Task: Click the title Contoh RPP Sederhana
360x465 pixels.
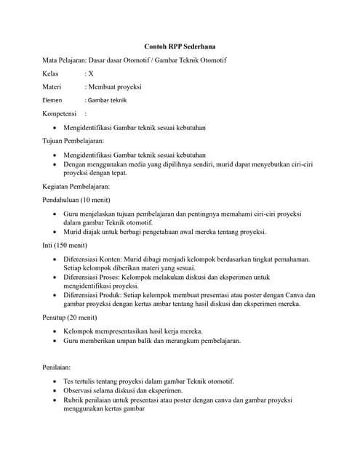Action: [180, 46]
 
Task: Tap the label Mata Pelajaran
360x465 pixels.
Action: [65, 60]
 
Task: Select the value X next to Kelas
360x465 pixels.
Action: [91, 73]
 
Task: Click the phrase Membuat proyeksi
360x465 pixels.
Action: [116, 86]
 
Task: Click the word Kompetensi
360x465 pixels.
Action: [60, 113]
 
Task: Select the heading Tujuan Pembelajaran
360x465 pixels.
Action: [73, 140]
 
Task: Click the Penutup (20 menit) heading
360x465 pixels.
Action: [72, 318]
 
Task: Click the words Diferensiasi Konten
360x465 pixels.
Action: [92, 259]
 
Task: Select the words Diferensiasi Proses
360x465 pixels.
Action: [92, 277]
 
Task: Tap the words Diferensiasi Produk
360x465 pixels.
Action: [93, 295]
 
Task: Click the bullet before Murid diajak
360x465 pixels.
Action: [57, 232]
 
